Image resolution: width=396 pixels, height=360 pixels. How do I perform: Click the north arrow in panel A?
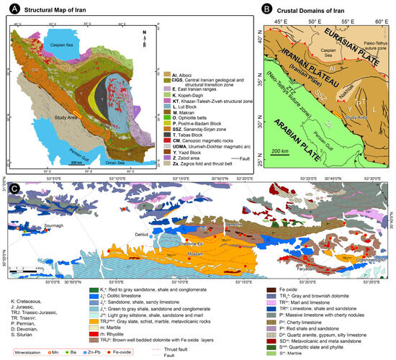146,32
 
